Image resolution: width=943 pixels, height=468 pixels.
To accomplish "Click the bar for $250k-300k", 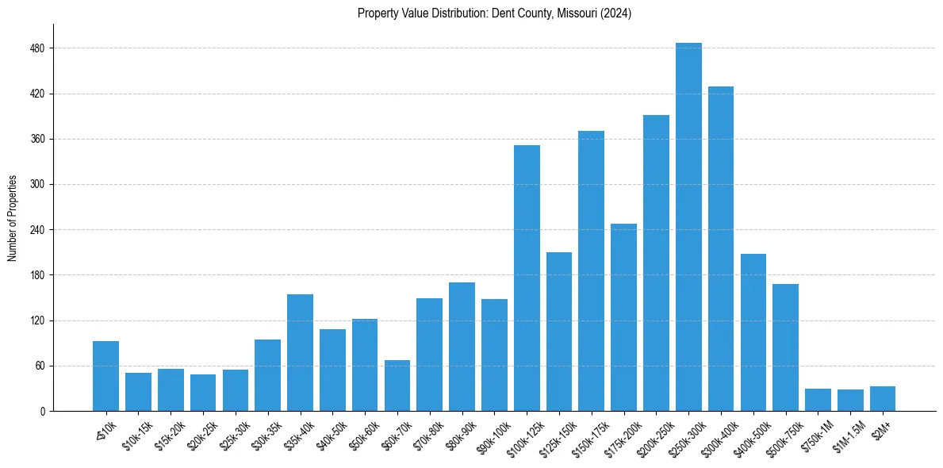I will point(688,227).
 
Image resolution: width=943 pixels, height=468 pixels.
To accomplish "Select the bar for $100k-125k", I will point(527,278).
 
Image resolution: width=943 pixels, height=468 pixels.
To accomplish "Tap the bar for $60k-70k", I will point(397,386).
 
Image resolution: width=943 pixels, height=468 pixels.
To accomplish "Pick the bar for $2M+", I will point(883,398).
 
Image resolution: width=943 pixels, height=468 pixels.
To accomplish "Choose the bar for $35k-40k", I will point(300,352).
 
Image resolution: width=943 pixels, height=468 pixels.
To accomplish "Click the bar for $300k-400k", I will point(721,248).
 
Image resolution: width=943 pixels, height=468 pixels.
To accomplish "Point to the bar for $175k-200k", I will point(623,317).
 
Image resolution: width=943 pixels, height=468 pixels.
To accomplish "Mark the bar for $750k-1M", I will point(818,400).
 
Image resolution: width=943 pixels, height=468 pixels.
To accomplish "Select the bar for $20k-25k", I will point(203,393).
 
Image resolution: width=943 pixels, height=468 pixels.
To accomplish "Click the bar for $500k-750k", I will point(785,347).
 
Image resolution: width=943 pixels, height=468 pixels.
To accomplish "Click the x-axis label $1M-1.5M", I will point(849,435).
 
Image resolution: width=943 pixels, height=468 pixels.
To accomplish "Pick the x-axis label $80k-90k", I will point(461,435).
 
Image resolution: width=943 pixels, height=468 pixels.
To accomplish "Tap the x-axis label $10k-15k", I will point(137,435).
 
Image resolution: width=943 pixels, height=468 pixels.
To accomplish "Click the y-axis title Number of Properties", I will point(13,218).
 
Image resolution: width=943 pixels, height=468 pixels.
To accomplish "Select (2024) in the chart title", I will point(616,13).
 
